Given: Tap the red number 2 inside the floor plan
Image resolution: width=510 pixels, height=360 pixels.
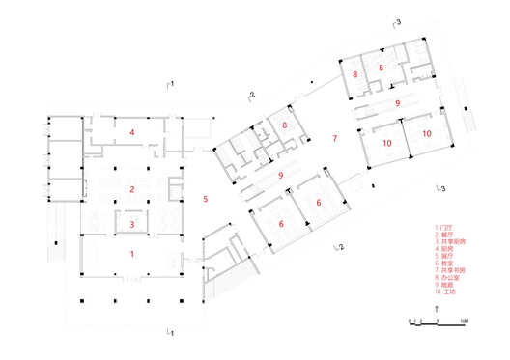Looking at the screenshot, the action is pos(132,188).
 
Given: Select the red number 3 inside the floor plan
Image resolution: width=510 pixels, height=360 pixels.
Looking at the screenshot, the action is pos(132,224).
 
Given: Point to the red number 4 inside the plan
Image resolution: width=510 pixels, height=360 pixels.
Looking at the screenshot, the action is pos(132,130).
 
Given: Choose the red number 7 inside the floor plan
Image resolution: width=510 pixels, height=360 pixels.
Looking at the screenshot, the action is pos(334,139).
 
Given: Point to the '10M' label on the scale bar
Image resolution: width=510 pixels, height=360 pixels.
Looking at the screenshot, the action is pos(465,321).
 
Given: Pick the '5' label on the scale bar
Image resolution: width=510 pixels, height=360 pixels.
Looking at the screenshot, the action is pos(437,321).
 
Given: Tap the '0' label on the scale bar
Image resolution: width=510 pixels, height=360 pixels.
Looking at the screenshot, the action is pos(410,321).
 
